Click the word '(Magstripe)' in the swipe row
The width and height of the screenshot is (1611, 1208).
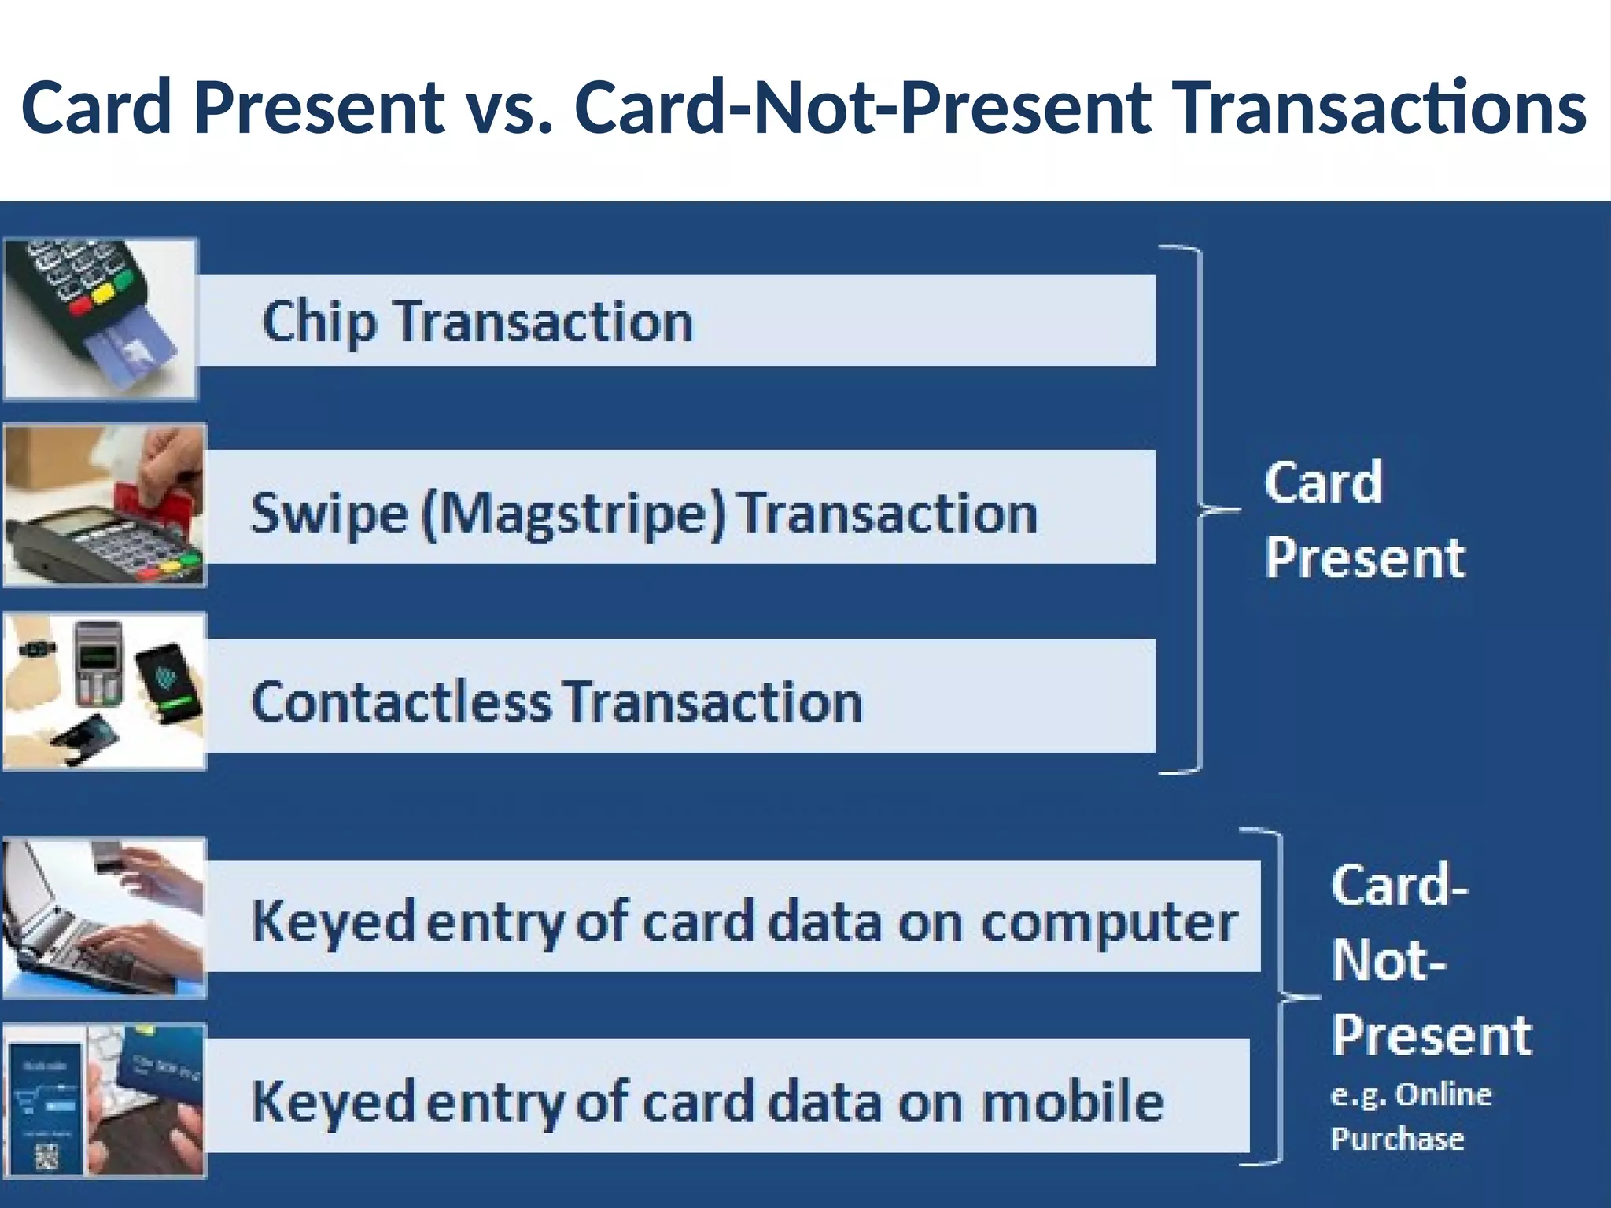tap(573, 514)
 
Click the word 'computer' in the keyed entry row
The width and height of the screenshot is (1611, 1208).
tap(1109, 922)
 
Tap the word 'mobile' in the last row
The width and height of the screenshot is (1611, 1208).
tap(1073, 1101)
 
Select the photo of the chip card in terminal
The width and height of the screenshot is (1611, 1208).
tap(101, 319)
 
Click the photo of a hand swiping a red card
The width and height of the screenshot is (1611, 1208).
tap(105, 505)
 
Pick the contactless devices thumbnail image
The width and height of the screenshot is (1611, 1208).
tap(105, 691)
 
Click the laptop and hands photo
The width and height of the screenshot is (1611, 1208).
tap(105, 918)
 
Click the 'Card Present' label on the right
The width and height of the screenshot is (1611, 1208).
tap(1364, 520)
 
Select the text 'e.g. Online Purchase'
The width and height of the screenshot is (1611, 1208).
tap(1410, 1116)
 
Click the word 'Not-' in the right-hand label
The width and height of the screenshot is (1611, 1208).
tap(1389, 960)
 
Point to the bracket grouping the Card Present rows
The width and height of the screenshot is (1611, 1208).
tap(1199, 510)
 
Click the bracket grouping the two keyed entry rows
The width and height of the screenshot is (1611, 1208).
tap(1279, 997)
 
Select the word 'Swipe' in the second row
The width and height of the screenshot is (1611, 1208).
tap(329, 514)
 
